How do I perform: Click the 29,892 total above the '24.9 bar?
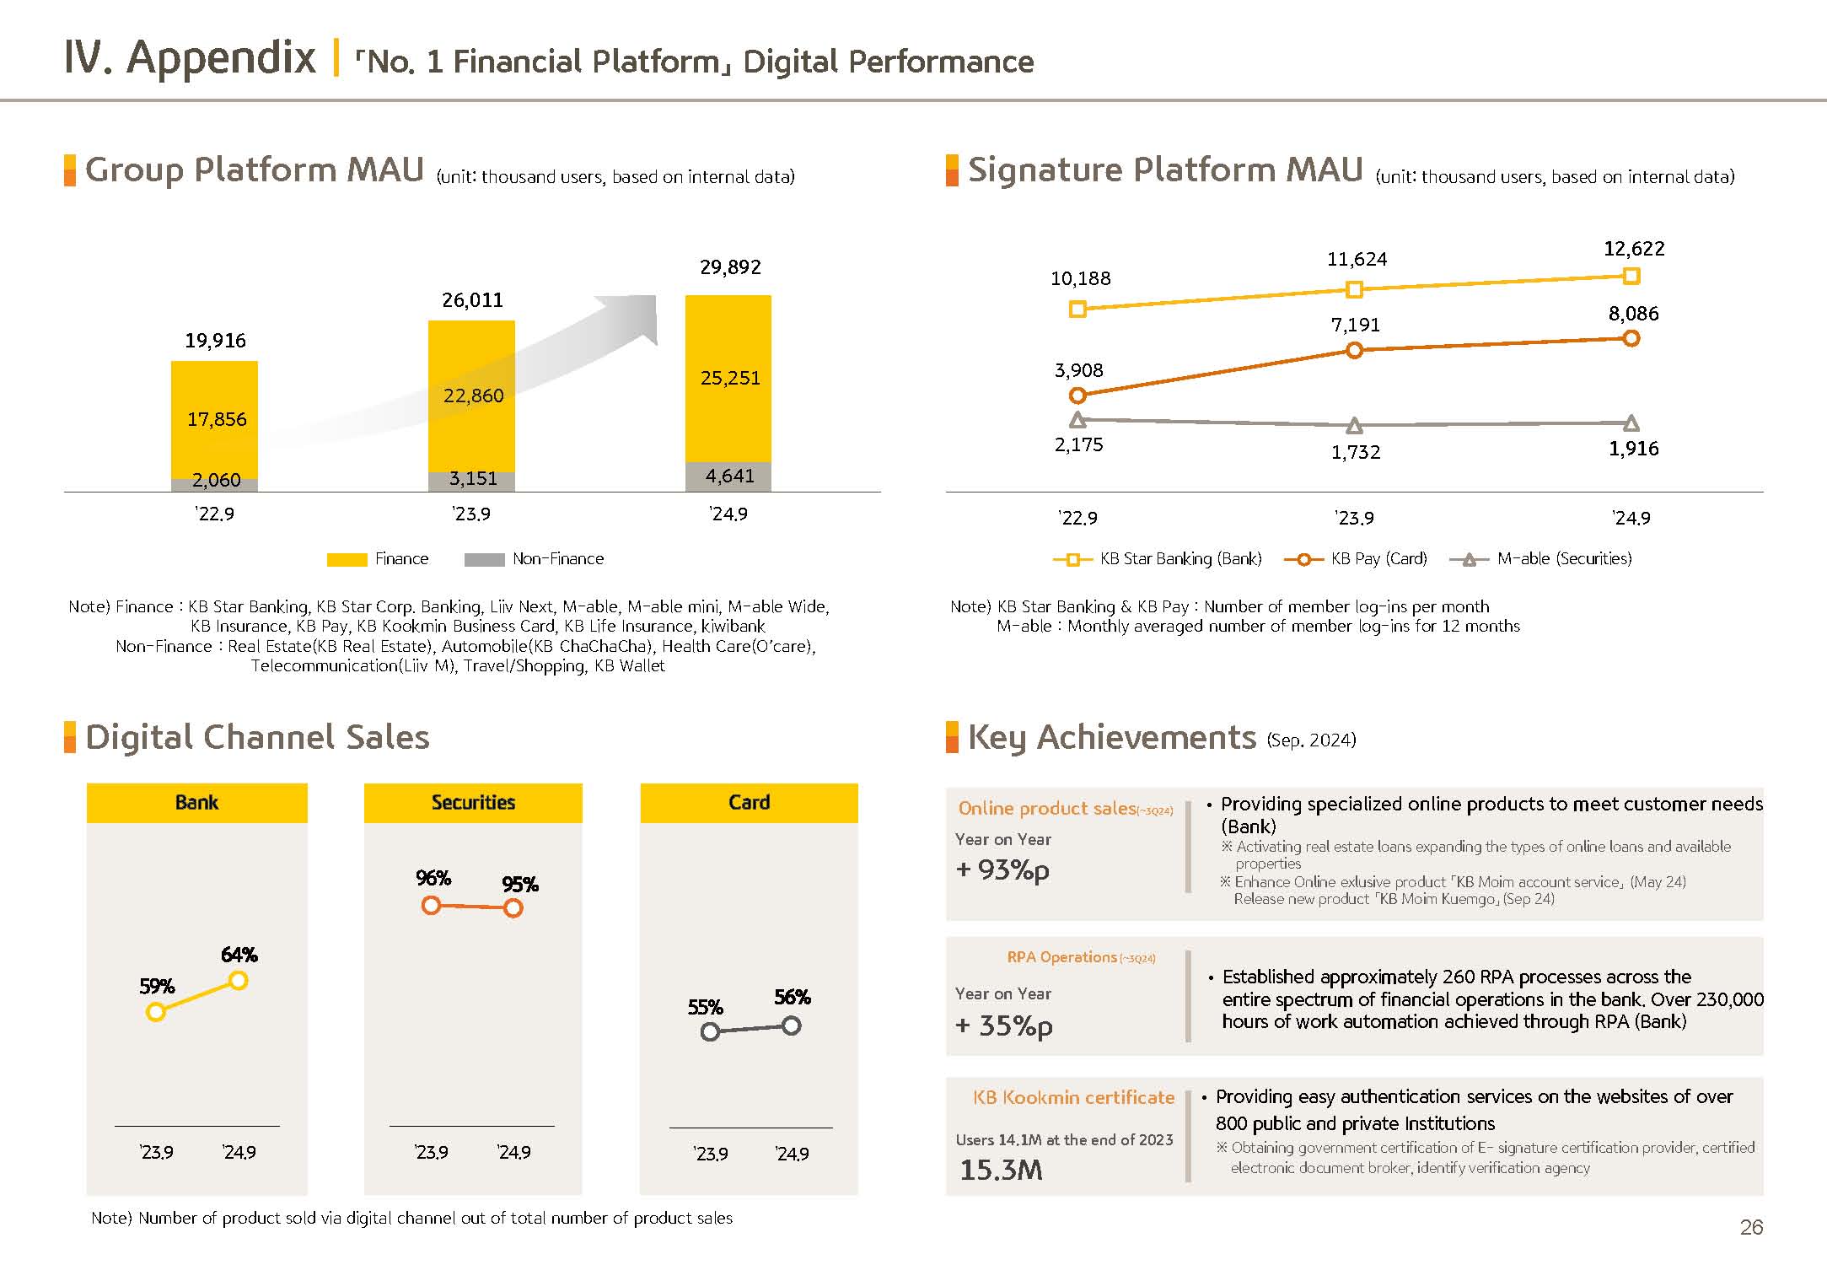pos(730,267)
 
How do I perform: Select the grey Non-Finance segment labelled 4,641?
pos(728,476)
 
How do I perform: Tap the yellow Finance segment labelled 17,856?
pos(215,419)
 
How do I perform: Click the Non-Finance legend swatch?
pos(484,559)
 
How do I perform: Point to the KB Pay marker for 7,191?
pos(1354,350)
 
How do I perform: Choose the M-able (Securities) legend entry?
pos(1541,559)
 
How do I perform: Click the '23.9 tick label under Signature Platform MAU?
pos(1356,518)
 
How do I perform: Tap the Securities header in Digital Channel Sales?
pos(473,802)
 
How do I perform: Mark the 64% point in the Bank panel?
pos(239,980)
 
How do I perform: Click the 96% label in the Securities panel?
pos(433,879)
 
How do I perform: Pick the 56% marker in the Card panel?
pos(791,1025)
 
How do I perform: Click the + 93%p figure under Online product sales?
pos(1002,869)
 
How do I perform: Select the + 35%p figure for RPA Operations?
pos(1003,1025)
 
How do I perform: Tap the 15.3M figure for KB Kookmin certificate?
pos(1001,1170)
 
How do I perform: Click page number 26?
pos(1751,1227)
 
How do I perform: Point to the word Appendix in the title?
pos(221,57)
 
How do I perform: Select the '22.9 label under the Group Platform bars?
pos(214,514)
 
